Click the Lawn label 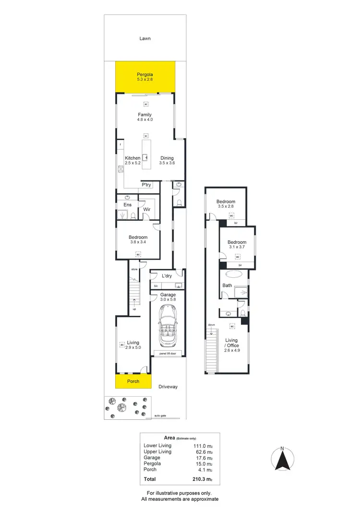pos(145,38)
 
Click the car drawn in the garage pos(168,327)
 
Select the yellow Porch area pos(133,381)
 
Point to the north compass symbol pos(283,459)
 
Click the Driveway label pos(168,386)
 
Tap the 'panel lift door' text pos(168,354)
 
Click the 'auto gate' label pos(160,415)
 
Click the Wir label pos(146,209)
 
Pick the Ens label pos(128,205)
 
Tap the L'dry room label pos(167,276)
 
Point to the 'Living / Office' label pos(232,343)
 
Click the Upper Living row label pos(157,451)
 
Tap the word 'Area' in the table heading pos(169,438)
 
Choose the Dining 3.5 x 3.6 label pos(167,161)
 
